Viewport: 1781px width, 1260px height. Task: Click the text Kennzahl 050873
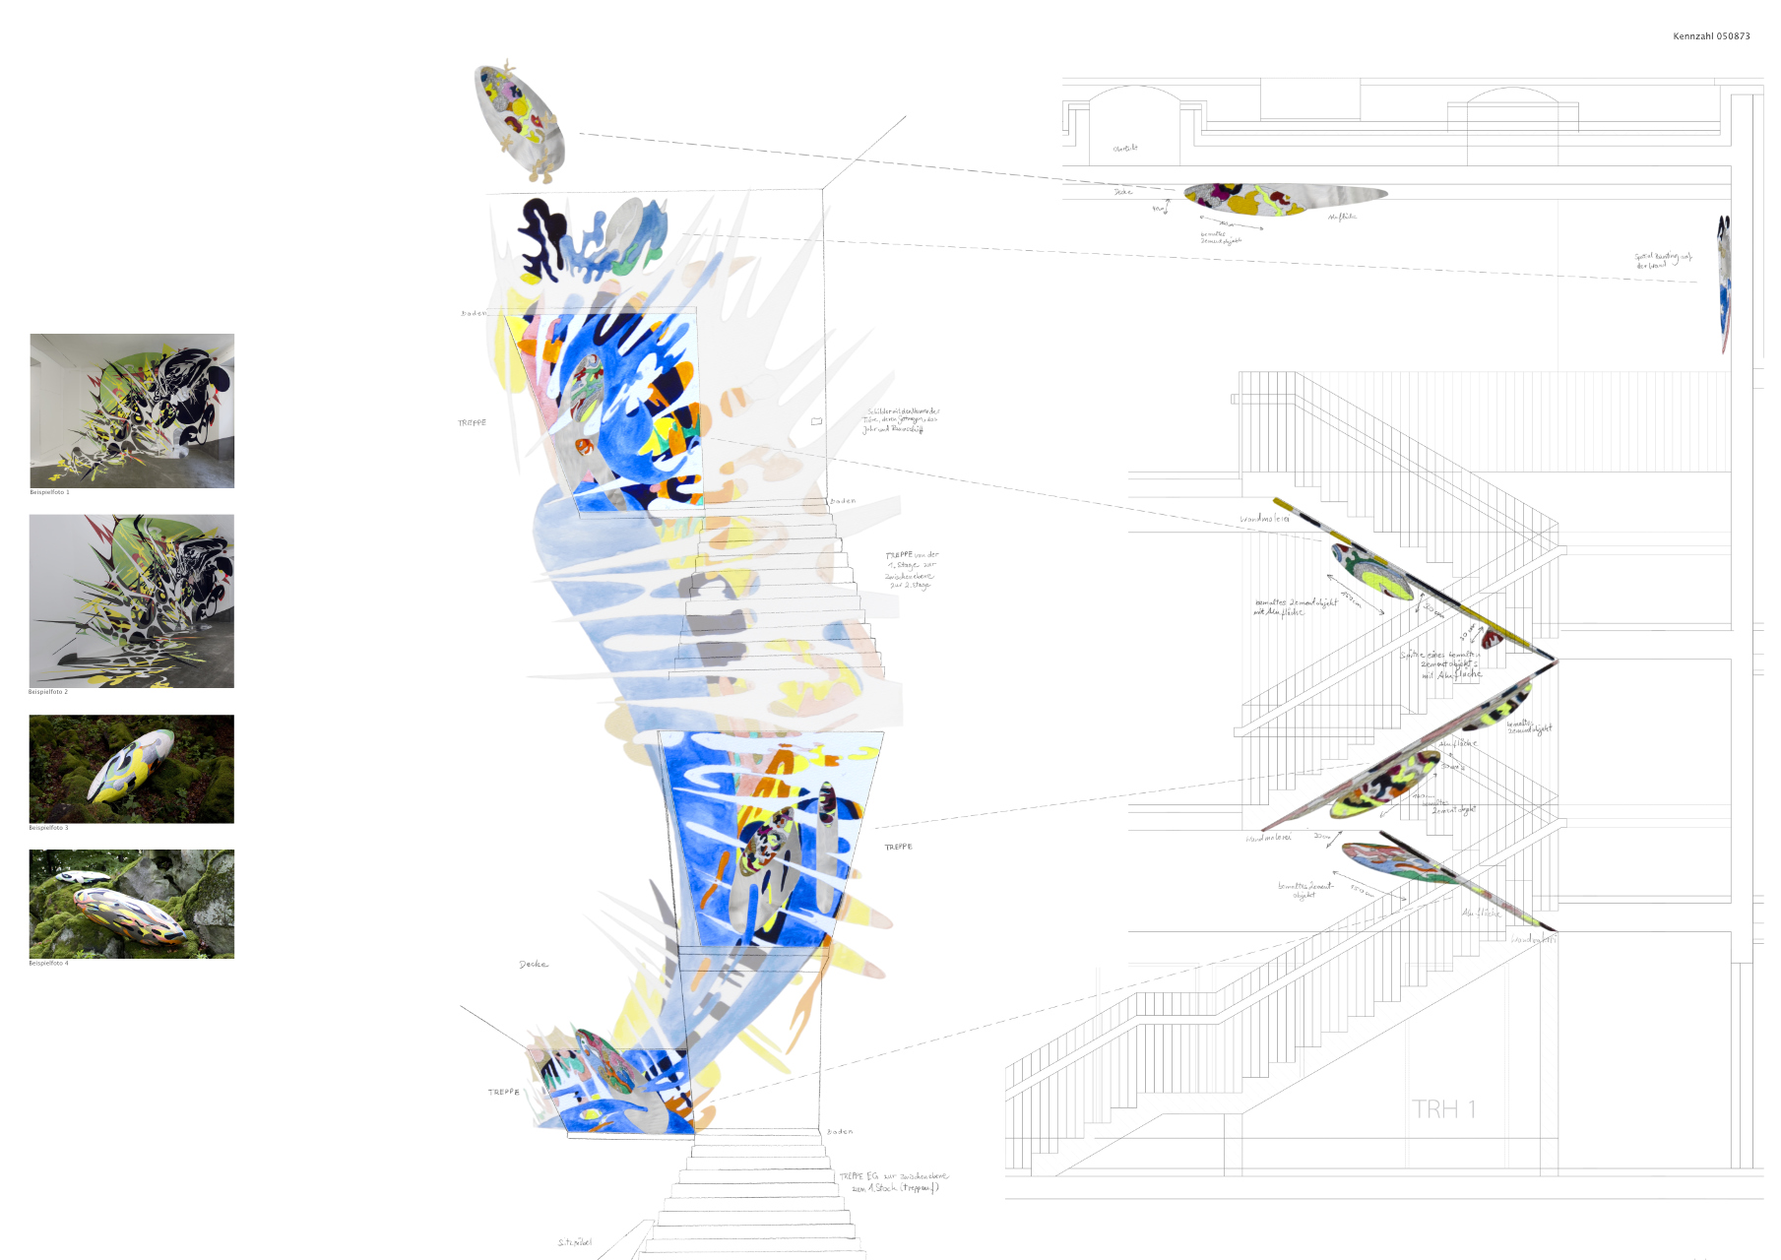tap(1711, 36)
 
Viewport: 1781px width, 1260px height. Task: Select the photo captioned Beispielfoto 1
tap(132, 410)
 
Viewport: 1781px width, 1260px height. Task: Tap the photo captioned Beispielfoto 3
tap(132, 769)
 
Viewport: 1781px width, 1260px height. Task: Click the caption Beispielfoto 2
tap(48, 692)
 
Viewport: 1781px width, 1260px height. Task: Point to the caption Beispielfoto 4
tap(48, 963)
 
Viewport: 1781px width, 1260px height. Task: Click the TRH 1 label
tap(1443, 1109)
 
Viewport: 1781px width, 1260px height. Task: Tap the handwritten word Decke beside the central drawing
tap(534, 965)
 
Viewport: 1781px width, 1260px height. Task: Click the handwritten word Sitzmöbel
tap(575, 1242)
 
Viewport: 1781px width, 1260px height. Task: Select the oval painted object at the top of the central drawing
tap(519, 121)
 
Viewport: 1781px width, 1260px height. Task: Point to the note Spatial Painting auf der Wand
tap(1663, 261)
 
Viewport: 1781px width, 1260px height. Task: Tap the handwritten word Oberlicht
tap(1125, 149)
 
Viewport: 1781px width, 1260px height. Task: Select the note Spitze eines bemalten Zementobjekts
tap(1441, 664)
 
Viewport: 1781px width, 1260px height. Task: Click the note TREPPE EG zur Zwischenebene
tap(893, 1182)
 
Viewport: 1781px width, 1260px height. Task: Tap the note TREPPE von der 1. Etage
tap(912, 570)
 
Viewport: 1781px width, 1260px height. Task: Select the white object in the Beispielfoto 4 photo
tap(84, 877)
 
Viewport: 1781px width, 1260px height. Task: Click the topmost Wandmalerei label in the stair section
tap(1264, 519)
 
